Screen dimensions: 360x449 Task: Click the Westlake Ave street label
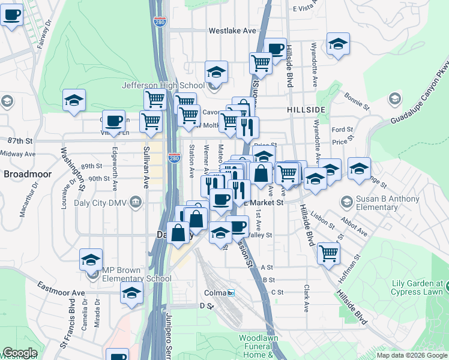[x=232, y=31]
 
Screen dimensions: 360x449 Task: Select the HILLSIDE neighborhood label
[x=306, y=110]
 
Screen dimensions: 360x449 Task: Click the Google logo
[x=19, y=353]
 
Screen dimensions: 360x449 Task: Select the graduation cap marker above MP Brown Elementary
[x=91, y=259]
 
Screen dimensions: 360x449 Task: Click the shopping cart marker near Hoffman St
[x=328, y=253]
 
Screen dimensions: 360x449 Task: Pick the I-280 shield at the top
[x=160, y=22]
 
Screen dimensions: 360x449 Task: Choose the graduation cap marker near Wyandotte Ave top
[x=338, y=43]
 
